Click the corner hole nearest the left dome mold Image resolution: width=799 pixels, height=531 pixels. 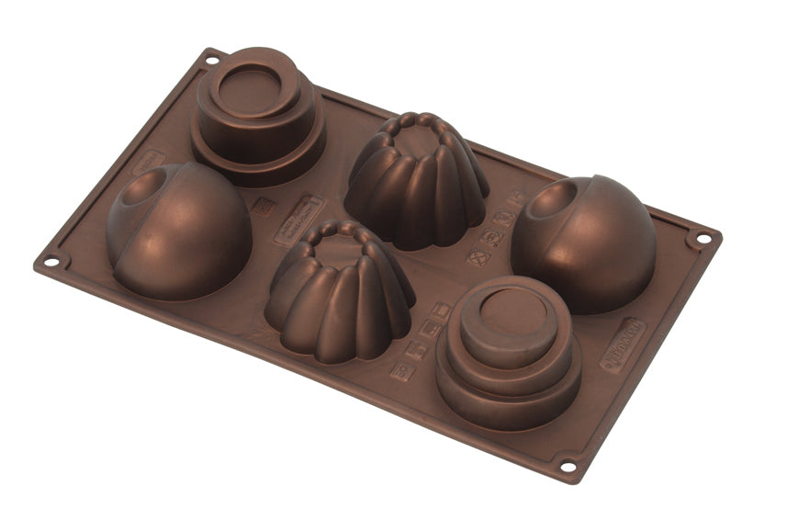[52, 261]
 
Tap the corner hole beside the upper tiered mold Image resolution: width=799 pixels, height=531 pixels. [212, 61]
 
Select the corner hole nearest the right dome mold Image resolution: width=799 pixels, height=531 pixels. [703, 239]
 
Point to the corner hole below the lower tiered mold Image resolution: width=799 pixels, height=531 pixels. [567, 466]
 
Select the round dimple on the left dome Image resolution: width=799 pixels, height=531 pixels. [143, 189]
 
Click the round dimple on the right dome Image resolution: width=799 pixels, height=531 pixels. [559, 198]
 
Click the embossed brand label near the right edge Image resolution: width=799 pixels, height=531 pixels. [624, 345]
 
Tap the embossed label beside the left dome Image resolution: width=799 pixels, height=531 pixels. [147, 163]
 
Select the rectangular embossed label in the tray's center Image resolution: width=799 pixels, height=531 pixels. [299, 218]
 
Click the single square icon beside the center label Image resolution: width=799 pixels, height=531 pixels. [262, 206]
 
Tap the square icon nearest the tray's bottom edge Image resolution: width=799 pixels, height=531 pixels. [401, 371]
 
